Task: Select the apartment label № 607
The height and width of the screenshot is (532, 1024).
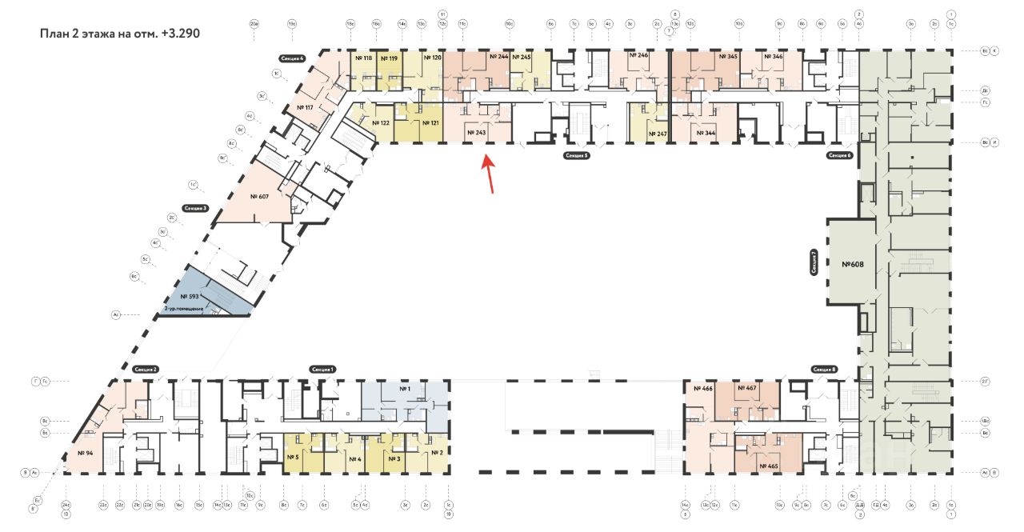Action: [x=258, y=196]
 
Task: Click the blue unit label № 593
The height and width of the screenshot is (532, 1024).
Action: [x=189, y=296]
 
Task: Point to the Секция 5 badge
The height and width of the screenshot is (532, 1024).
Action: [x=576, y=155]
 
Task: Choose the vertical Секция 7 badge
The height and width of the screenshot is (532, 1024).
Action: [x=814, y=262]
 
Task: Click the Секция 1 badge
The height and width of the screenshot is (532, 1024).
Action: [x=322, y=369]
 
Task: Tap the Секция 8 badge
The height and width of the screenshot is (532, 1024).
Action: [x=824, y=369]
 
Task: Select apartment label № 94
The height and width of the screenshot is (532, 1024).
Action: [x=86, y=453]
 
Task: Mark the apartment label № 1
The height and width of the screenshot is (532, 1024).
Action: [x=404, y=389]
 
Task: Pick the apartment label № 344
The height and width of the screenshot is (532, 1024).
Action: [x=705, y=133]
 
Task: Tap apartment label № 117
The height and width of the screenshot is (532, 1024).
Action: [x=304, y=107]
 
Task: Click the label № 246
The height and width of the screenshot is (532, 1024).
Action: [x=638, y=56]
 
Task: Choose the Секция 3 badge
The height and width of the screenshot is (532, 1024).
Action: [x=195, y=208]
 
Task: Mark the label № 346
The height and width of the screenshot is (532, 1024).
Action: [x=773, y=57]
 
